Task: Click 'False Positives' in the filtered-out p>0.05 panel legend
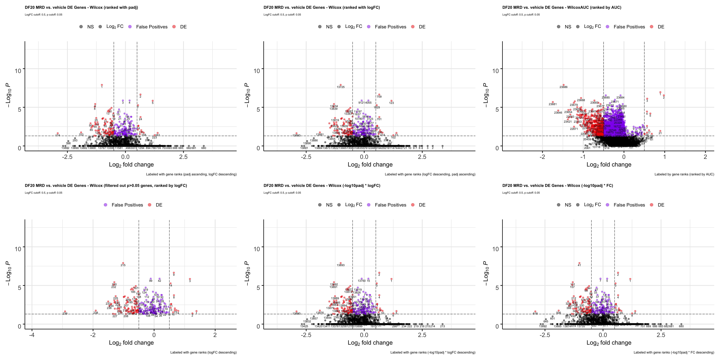click(x=127, y=205)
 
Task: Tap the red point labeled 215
click(x=123, y=263)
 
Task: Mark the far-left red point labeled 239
click(x=65, y=311)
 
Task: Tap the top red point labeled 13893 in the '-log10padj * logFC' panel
click(x=340, y=263)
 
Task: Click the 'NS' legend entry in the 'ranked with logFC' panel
click(x=329, y=27)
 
